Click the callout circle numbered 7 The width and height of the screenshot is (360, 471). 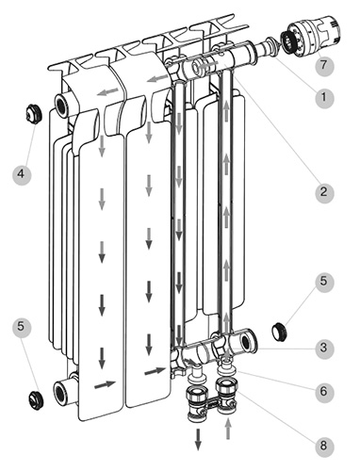click(324, 65)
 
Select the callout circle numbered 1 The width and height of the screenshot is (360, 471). click(324, 98)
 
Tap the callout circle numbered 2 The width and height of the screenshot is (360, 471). click(324, 192)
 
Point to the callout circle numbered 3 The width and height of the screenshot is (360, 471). click(324, 349)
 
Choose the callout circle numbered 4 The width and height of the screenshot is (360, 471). click(22, 173)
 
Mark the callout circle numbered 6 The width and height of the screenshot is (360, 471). click(324, 392)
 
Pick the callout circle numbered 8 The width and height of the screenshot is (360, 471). click(324, 446)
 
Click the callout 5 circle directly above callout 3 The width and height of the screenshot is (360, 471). click(324, 282)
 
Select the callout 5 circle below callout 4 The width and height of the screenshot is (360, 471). click(22, 328)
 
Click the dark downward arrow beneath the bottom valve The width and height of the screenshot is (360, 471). click(198, 440)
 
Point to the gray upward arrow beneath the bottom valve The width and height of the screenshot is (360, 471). click(229, 429)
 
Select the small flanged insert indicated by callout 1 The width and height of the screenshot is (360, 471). click(270, 46)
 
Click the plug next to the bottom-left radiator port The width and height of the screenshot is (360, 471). click(36, 399)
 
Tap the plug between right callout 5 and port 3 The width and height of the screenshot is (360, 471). click(279, 332)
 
